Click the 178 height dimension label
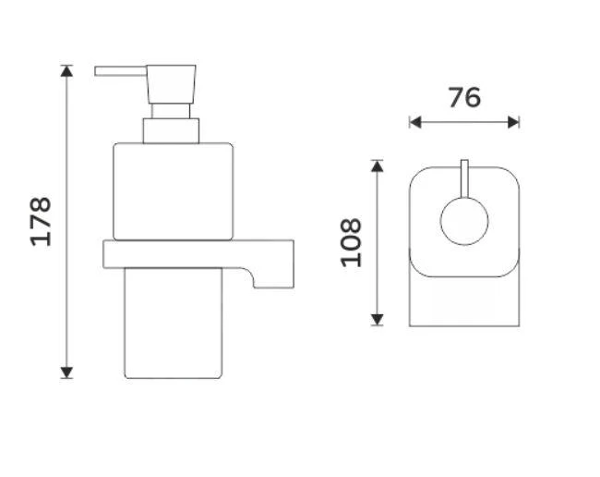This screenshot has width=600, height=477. point(41,222)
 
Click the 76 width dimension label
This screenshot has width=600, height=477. point(464,97)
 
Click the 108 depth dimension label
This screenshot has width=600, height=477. point(351,242)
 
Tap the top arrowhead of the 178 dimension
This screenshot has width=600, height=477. point(66,71)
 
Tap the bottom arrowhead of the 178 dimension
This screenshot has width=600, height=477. point(66,373)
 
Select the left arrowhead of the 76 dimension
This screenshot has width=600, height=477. point(415,123)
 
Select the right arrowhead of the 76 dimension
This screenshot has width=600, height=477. point(513,123)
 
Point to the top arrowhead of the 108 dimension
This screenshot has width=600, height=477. point(378,165)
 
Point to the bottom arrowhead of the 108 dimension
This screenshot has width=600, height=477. point(378,320)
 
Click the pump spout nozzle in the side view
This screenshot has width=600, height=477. point(121,71)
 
